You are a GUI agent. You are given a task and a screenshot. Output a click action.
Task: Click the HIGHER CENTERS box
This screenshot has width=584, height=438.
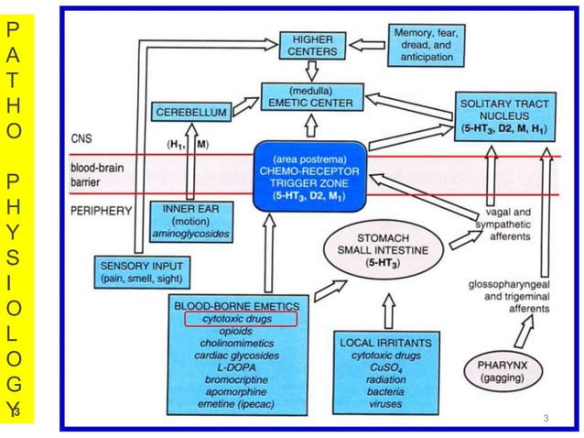coord(312,45)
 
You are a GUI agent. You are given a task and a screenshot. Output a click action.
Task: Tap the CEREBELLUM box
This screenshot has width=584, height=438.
coord(191,111)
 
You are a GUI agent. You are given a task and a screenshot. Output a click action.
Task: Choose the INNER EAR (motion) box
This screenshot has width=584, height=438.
coord(189,220)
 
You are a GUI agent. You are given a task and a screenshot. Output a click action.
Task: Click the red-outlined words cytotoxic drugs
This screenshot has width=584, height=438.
coord(241,319)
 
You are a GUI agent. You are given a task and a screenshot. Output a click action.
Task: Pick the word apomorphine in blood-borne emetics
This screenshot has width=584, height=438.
coord(241,389)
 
